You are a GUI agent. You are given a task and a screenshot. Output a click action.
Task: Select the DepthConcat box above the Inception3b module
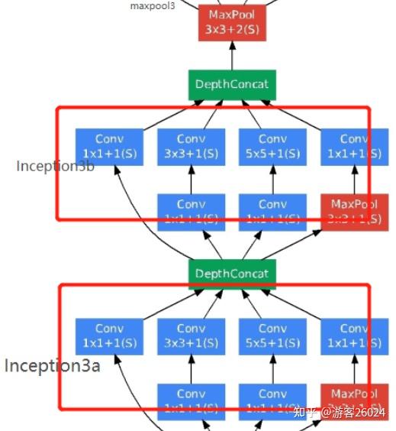[232, 85]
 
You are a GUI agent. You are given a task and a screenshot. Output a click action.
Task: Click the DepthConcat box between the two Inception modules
[232, 274]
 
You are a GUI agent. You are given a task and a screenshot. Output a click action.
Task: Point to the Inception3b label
[55, 166]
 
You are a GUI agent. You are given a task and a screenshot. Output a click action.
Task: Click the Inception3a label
[53, 365]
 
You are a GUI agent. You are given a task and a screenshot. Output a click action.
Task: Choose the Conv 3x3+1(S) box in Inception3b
[191, 147]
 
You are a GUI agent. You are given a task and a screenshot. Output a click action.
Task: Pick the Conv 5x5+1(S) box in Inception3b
[272, 147]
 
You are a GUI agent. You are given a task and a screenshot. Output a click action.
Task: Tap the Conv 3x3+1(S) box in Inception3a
[191, 336]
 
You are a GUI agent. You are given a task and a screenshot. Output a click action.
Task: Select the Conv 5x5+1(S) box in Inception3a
[272, 336]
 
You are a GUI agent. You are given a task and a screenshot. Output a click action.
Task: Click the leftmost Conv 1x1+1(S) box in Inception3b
[109, 147]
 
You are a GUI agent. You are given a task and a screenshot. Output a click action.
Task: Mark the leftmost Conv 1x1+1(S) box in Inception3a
[109, 336]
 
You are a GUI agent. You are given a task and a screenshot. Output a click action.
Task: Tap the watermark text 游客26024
[364, 413]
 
